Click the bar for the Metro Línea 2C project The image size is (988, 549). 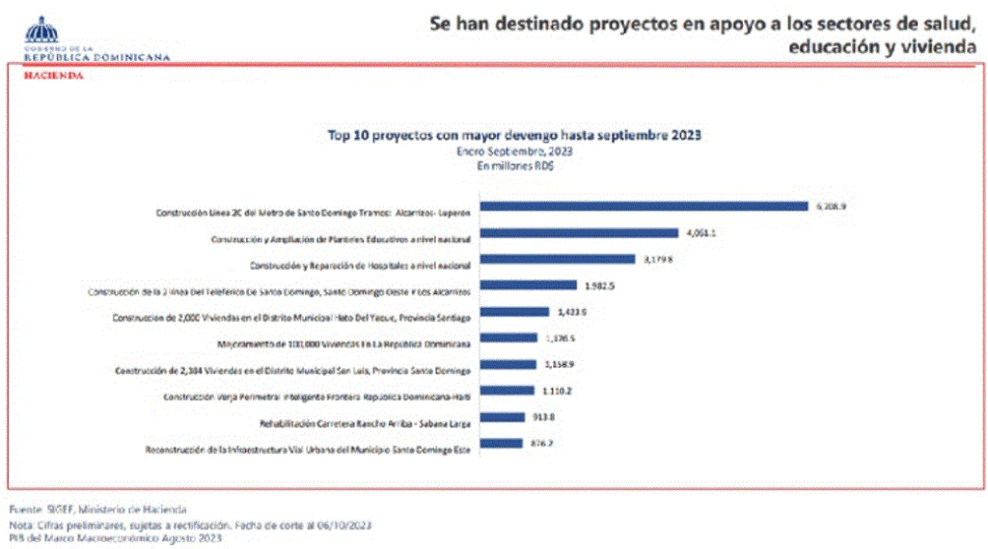pyautogui.click(x=643, y=206)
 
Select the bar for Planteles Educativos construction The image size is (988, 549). pyautogui.click(x=578, y=233)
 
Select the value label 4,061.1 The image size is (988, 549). pyautogui.click(x=700, y=233)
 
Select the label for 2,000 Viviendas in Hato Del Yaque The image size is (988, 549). pyautogui.click(x=290, y=317)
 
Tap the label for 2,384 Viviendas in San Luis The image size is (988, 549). pyautogui.click(x=292, y=371)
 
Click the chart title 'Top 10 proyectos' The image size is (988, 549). pyautogui.click(x=513, y=135)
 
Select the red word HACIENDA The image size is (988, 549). pyautogui.click(x=53, y=74)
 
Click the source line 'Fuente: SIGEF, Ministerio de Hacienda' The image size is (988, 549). pyautogui.click(x=97, y=508)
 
